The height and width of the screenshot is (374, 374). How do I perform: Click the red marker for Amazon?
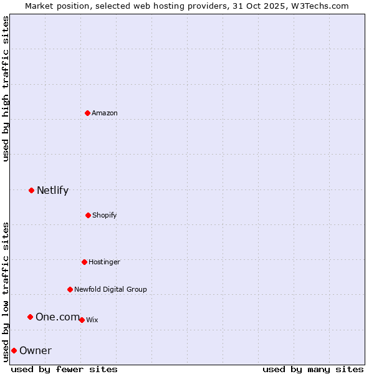tap(88, 113)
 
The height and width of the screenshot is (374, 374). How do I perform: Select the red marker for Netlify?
tap(32, 190)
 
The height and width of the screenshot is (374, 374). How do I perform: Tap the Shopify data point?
tap(88, 215)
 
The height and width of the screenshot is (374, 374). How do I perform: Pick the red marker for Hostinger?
tap(84, 262)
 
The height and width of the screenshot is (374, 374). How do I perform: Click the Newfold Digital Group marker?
tap(70, 289)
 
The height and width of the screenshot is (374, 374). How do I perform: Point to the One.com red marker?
tap(30, 317)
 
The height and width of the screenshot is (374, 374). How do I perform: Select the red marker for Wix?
tap(82, 320)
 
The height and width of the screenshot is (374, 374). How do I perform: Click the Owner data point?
tap(14, 350)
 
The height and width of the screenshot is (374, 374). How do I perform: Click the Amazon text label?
tap(105, 113)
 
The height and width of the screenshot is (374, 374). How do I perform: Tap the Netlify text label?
tap(52, 191)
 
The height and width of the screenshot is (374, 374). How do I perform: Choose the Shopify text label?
tap(105, 216)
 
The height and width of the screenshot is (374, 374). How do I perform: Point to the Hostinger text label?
tap(104, 262)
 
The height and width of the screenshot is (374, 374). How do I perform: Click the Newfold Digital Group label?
tap(110, 289)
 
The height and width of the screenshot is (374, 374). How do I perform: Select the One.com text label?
tap(57, 317)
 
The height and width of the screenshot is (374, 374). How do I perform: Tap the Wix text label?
tap(92, 320)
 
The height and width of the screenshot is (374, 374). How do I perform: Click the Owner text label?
tap(36, 351)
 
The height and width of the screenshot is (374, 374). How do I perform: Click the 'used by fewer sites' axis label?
tap(64, 369)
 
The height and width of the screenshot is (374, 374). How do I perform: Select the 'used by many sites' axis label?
tap(313, 369)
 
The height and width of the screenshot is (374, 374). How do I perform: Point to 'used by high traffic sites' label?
tap(6, 89)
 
